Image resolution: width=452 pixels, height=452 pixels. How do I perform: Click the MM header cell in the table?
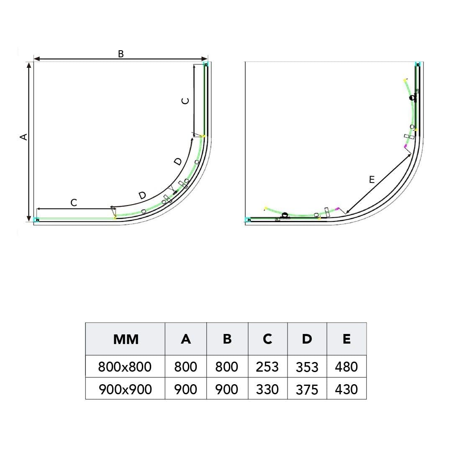click(126, 339)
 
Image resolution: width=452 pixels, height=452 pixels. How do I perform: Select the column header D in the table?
click(307, 339)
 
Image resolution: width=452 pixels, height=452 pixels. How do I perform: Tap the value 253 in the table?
click(267, 367)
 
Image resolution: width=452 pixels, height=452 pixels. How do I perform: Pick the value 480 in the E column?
click(346, 367)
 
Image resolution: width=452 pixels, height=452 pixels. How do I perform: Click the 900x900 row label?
click(125, 390)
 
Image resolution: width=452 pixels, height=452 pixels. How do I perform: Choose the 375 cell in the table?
click(307, 390)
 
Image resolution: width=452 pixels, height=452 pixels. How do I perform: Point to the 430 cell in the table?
click(346, 390)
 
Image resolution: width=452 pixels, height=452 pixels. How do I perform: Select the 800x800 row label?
click(125, 367)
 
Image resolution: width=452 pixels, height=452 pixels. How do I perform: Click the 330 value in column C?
click(267, 390)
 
